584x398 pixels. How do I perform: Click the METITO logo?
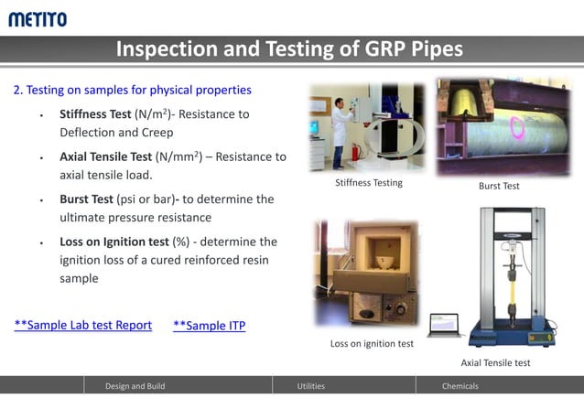coord(38,18)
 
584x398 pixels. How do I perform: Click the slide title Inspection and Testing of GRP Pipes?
coord(289,49)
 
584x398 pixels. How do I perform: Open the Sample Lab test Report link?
coord(83,325)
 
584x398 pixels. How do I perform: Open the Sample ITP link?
coord(209,326)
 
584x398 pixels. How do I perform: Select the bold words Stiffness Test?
coord(95,114)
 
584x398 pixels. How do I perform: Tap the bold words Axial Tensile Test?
coord(105,156)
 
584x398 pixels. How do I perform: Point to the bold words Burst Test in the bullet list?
coord(87,199)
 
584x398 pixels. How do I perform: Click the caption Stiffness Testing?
coord(369,183)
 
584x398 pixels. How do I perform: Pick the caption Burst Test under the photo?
coord(499,186)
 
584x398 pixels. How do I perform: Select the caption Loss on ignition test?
coord(372,344)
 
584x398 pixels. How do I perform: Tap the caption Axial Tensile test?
coord(495,362)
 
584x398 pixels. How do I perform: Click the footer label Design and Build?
coord(135,386)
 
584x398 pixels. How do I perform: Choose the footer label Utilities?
coord(311,386)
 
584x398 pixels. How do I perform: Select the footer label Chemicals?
coord(460,386)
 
